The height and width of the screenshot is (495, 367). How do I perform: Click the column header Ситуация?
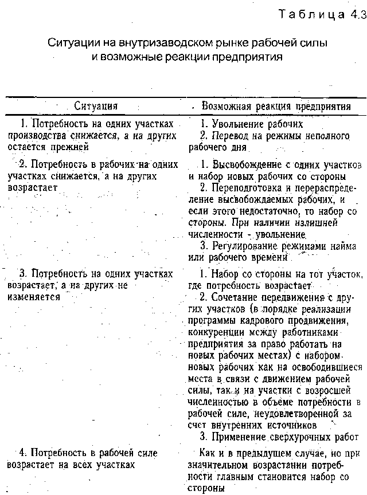point(96,106)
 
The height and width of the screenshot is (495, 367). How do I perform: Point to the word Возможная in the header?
point(224,106)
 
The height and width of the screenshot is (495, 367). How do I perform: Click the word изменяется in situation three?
point(34,297)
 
